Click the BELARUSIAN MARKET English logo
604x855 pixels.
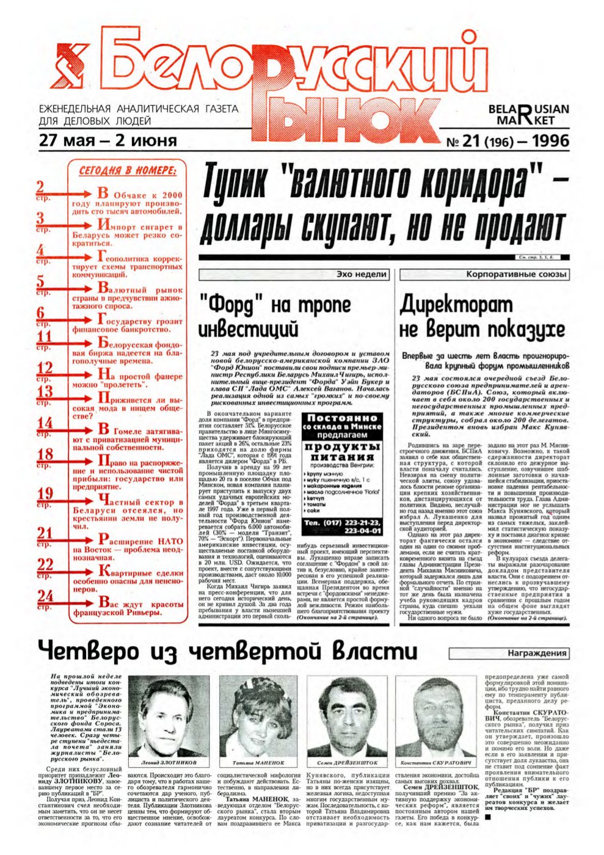click(528, 115)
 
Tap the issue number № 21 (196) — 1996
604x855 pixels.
click(508, 141)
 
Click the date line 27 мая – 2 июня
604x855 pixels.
click(107, 140)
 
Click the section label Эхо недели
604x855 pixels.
click(362, 275)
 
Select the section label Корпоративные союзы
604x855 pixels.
click(516, 275)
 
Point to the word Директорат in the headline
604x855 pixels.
click(448, 304)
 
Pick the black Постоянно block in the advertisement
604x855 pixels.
click(342, 426)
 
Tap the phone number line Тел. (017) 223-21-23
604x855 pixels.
click(342, 523)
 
